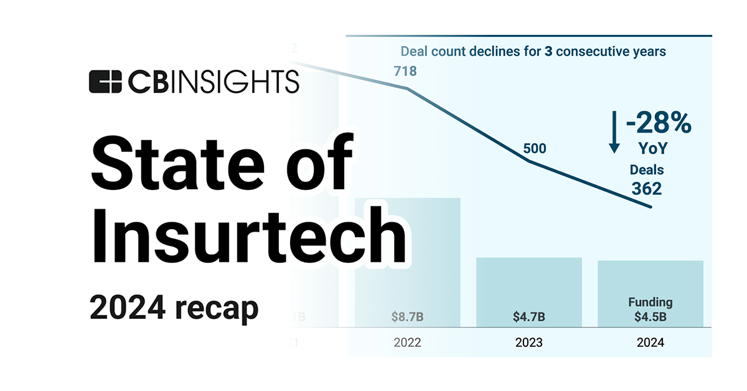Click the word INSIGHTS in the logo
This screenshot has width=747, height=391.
pos(238,82)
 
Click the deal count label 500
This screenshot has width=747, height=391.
pos(534,148)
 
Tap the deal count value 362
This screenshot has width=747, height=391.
pos(646,188)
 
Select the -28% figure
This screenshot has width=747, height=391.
pos(659,124)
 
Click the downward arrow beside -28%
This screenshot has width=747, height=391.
pos(614,131)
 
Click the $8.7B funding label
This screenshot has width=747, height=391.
pos(408,316)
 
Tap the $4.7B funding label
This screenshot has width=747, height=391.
pos(529,316)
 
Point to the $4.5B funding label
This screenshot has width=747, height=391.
pos(650,316)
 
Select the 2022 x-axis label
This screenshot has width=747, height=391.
pos(408,342)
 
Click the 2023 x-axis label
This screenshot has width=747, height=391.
pos(529,342)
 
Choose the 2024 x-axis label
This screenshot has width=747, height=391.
pos(650,342)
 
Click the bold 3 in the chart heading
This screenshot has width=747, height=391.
pos(548,51)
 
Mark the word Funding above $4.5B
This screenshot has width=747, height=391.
pos(650,302)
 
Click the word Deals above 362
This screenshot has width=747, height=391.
pos(646,169)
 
